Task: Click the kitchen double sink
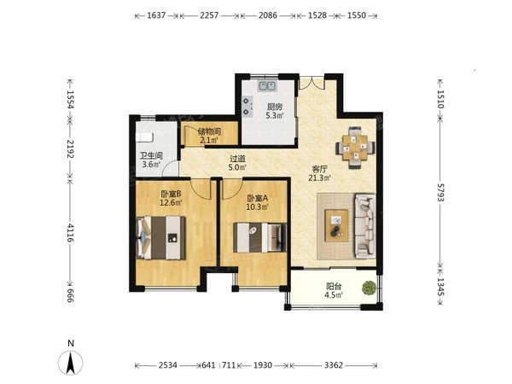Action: pyautogui.click(x=268, y=86)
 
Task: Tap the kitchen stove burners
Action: pyautogui.click(x=247, y=106)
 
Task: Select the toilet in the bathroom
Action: pyautogui.click(x=144, y=137)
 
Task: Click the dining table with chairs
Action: pyautogui.click(x=355, y=148)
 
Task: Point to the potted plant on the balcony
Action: pyautogui.click(x=369, y=288)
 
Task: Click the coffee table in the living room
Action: pyautogui.click(x=336, y=225)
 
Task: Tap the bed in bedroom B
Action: pyautogui.click(x=160, y=238)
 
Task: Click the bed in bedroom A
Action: pyautogui.click(x=260, y=237)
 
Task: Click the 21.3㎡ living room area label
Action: pyautogui.click(x=320, y=178)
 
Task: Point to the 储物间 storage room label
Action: pyautogui.click(x=209, y=131)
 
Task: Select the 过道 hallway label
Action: pyautogui.click(x=237, y=159)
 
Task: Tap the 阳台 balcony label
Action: pyautogui.click(x=334, y=287)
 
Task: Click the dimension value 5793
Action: pyautogui.click(x=440, y=193)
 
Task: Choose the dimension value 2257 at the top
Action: pyautogui.click(x=209, y=15)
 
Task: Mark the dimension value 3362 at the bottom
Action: pyautogui.click(x=334, y=365)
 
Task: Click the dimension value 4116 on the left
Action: pyautogui.click(x=70, y=232)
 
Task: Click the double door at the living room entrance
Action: pyautogui.click(x=312, y=83)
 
